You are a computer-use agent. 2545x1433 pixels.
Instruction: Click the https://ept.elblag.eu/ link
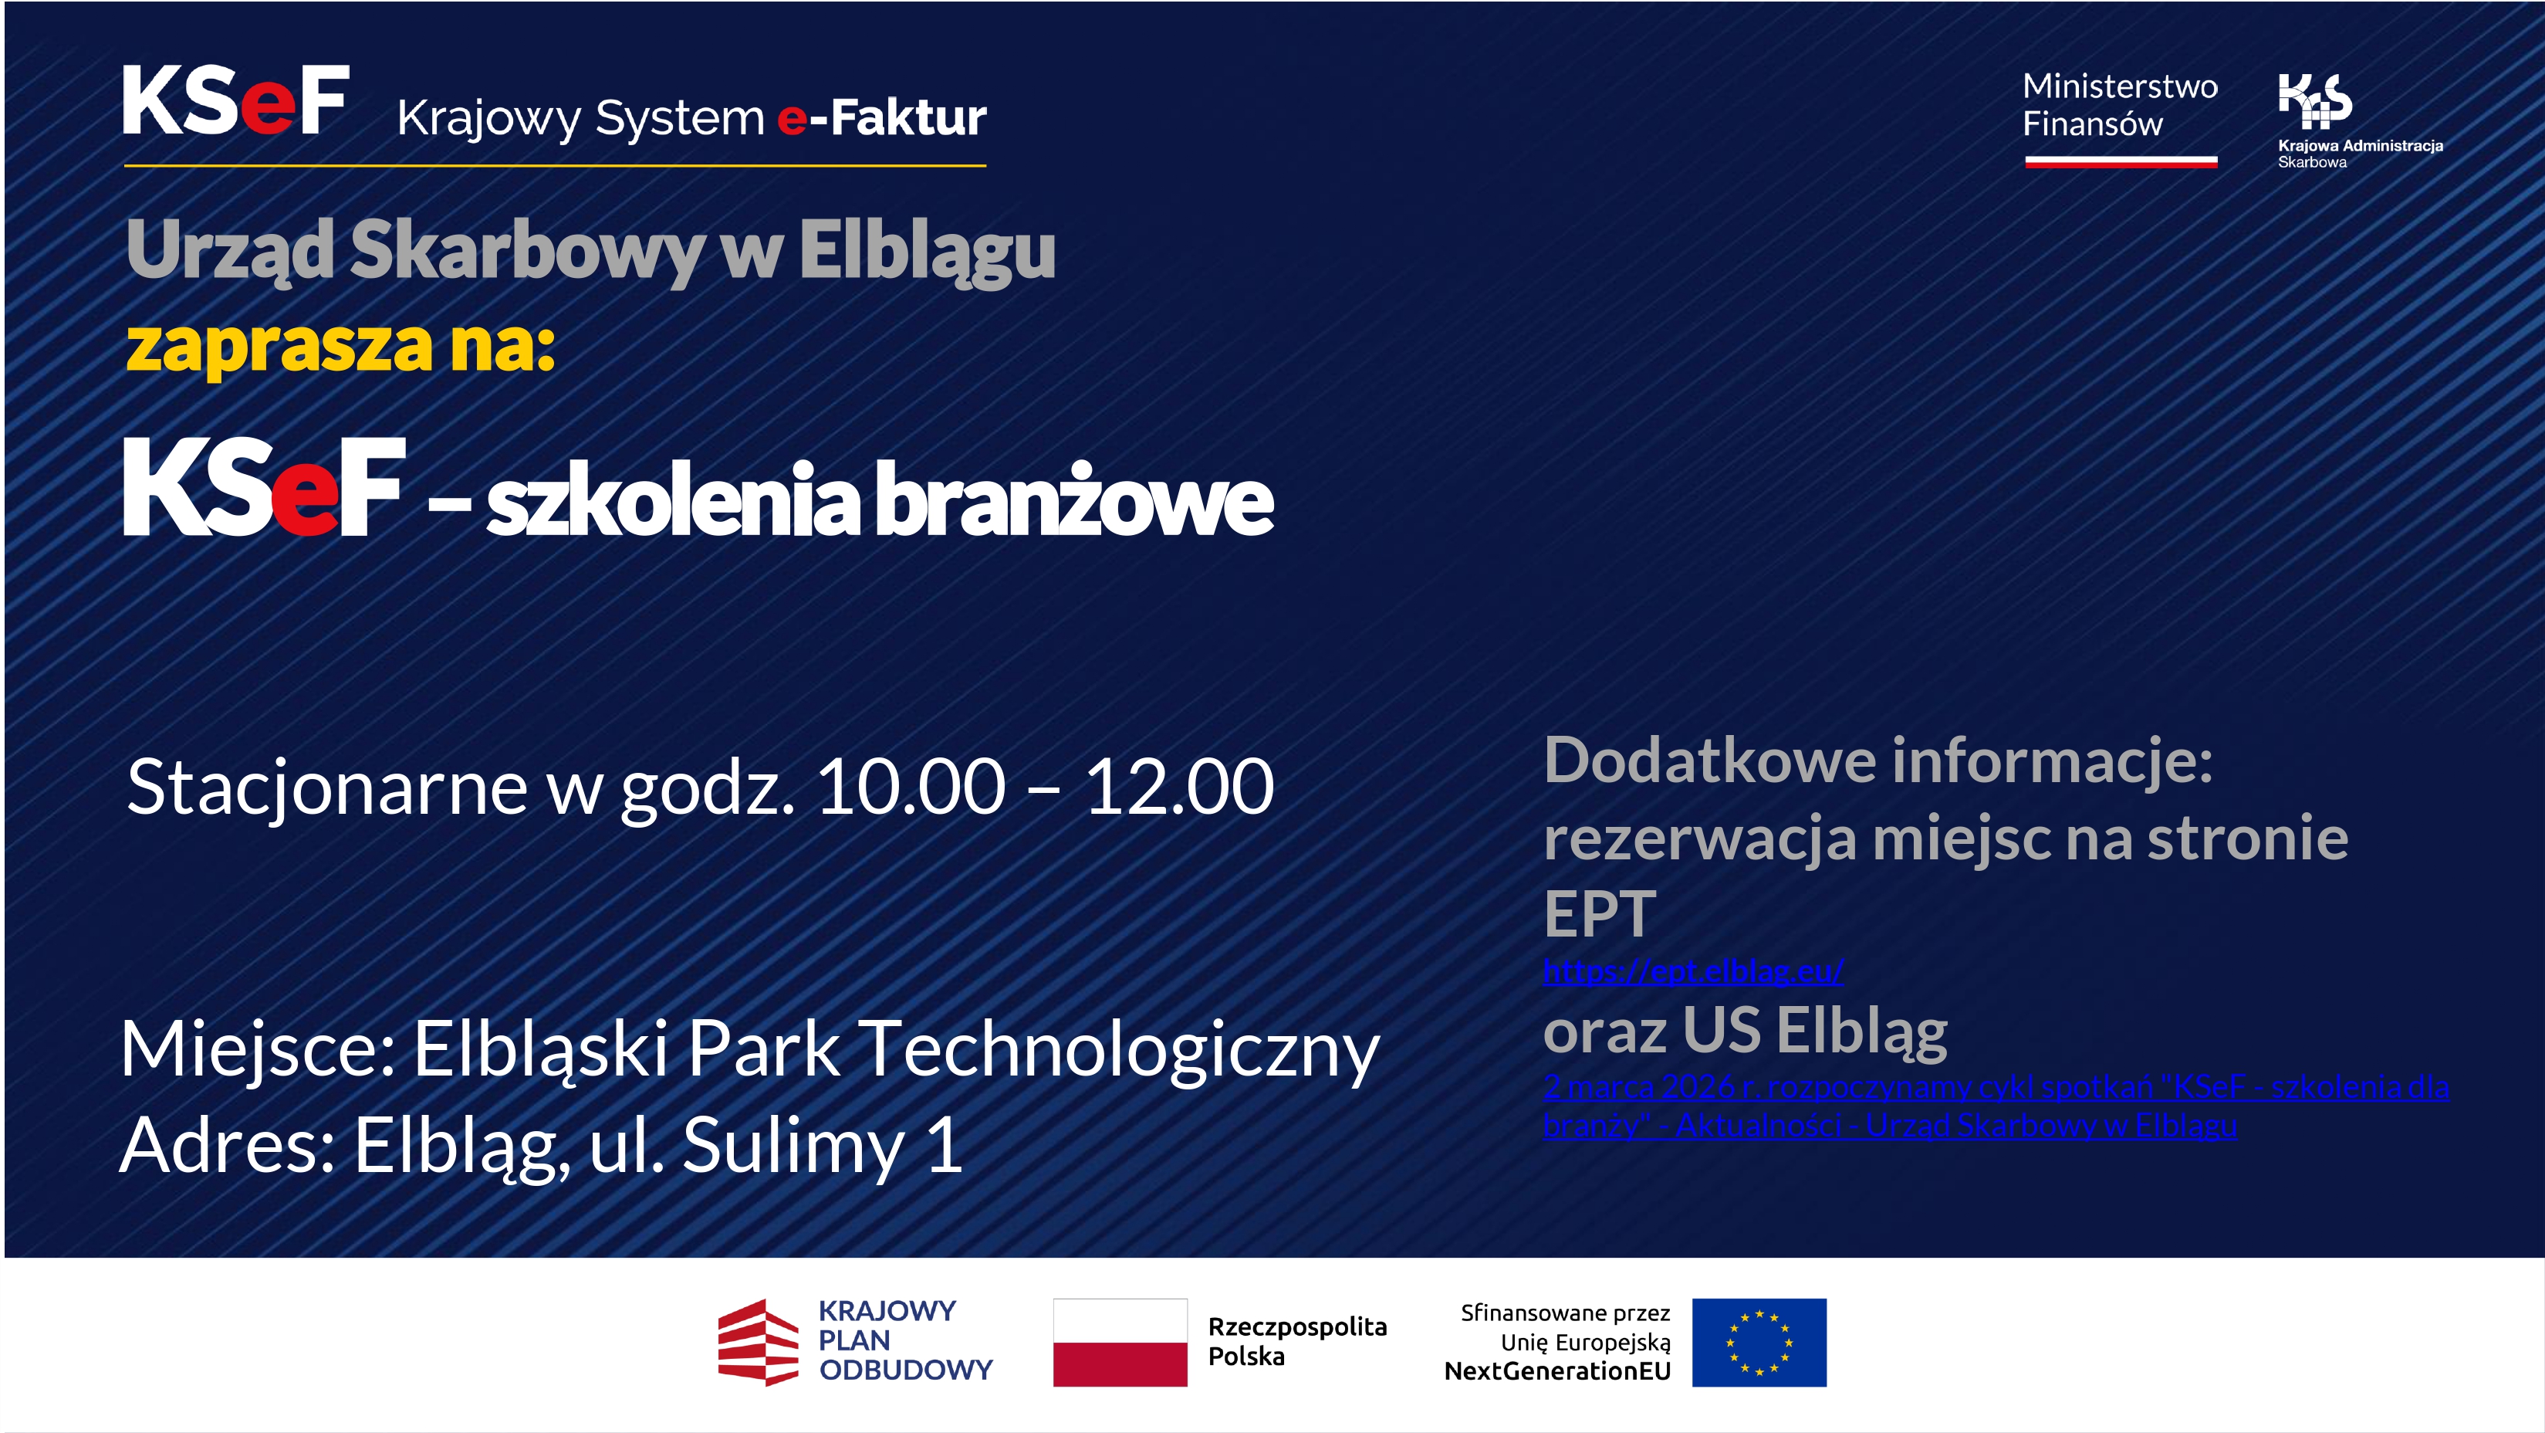point(1692,971)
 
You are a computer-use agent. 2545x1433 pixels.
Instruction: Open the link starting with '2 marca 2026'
point(1996,1106)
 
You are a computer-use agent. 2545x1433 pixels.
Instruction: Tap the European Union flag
point(1759,1342)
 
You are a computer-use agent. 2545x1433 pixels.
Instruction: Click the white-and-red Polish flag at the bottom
point(1120,1342)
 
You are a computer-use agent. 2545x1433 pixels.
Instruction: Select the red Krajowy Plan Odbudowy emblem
point(758,1342)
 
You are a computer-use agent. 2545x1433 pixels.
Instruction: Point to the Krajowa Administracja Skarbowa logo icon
point(2315,101)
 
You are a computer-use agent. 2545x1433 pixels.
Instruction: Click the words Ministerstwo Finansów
point(2120,105)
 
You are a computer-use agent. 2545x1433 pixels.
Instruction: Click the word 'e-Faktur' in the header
point(881,117)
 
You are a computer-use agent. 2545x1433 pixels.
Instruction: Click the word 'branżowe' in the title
point(1074,500)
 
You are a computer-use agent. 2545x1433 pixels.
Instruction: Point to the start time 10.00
point(910,787)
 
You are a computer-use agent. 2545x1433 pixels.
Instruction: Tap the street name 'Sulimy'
point(793,1147)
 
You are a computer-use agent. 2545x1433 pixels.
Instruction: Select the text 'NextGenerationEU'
point(1557,1370)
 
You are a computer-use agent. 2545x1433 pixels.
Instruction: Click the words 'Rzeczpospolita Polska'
point(1297,1341)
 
